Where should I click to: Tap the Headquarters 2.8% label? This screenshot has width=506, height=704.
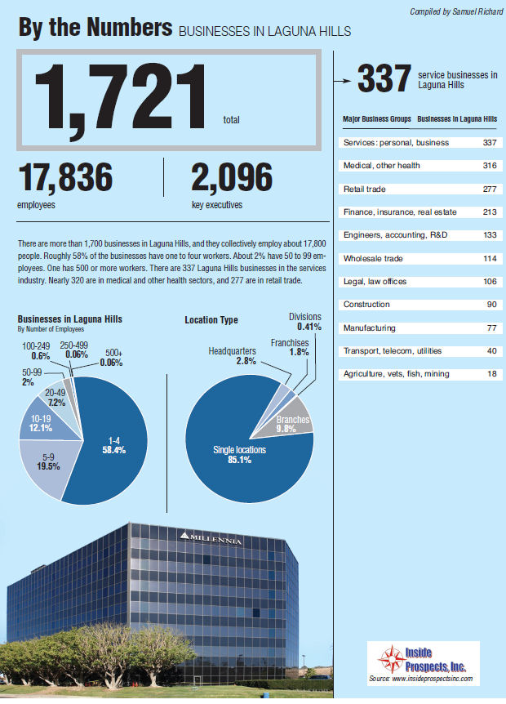click(x=233, y=356)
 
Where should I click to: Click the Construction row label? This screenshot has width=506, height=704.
click(x=367, y=305)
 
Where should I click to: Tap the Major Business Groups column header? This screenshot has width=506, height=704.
click(x=376, y=119)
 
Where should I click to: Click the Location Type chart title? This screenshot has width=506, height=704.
click(x=211, y=320)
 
